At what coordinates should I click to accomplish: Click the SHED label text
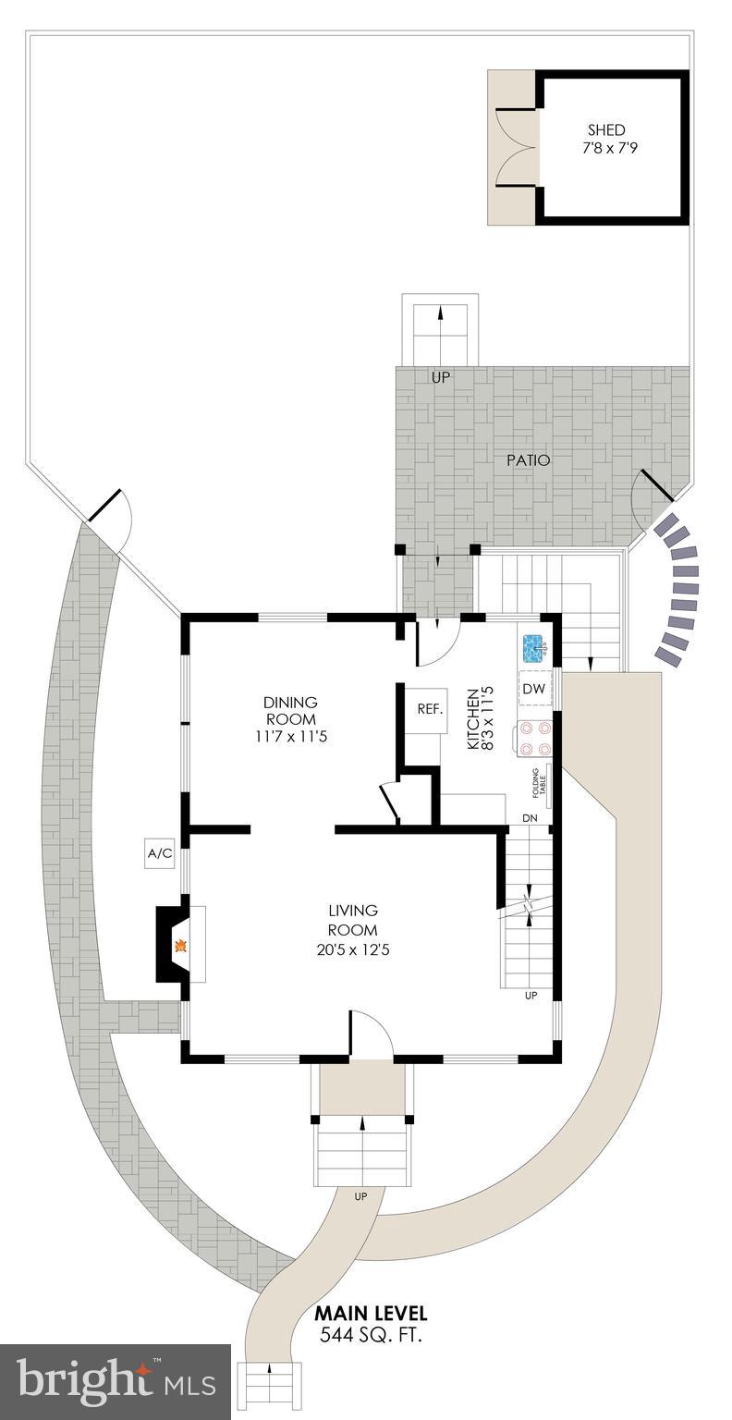pos(606,130)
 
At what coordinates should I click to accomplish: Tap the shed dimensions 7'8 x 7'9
pos(609,148)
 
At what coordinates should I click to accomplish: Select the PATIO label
pos(527,459)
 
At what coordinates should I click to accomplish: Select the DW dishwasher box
pos(533,689)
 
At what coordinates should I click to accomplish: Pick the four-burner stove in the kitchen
pos(534,738)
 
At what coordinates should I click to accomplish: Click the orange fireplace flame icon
pos(182,946)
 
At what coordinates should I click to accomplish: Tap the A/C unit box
pos(160,853)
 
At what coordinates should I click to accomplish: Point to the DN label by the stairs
pos(530,818)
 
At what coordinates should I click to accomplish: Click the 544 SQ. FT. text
pos(372,1334)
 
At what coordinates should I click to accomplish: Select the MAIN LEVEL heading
pos(371,1314)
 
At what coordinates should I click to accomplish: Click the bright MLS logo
pos(116,1382)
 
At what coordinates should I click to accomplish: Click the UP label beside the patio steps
pos(440,378)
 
